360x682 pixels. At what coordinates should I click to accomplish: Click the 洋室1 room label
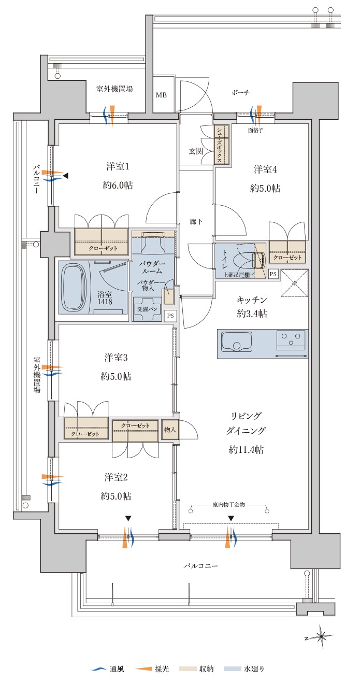[118, 166]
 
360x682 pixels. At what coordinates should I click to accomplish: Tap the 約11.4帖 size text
[246, 450]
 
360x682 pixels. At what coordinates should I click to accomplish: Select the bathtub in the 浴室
[76, 288]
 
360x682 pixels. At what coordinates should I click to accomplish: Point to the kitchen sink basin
[237, 342]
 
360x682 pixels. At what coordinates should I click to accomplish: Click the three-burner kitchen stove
[291, 340]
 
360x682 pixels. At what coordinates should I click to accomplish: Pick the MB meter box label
[161, 95]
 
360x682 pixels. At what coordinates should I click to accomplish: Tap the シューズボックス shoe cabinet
[221, 144]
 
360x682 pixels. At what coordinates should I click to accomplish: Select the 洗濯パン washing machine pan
[147, 309]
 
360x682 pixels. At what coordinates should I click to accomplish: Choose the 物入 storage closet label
[170, 430]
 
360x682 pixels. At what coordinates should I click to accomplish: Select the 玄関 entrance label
[196, 151]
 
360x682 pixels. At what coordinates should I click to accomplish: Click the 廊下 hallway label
[196, 222]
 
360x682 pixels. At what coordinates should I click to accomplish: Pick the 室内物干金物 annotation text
[228, 504]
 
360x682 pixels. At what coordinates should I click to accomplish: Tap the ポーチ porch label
[240, 93]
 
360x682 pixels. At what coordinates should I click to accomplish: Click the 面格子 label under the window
[255, 130]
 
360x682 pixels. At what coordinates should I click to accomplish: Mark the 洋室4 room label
[265, 169]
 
